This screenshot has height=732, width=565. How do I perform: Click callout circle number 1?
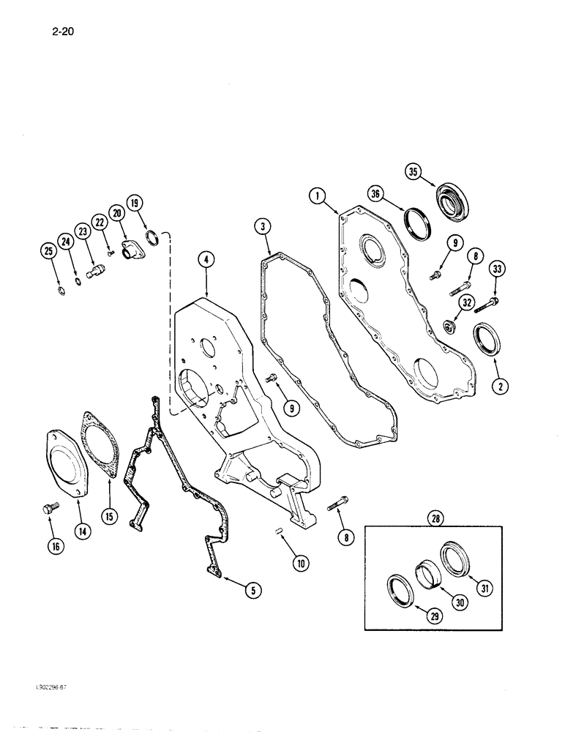tap(316, 195)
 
